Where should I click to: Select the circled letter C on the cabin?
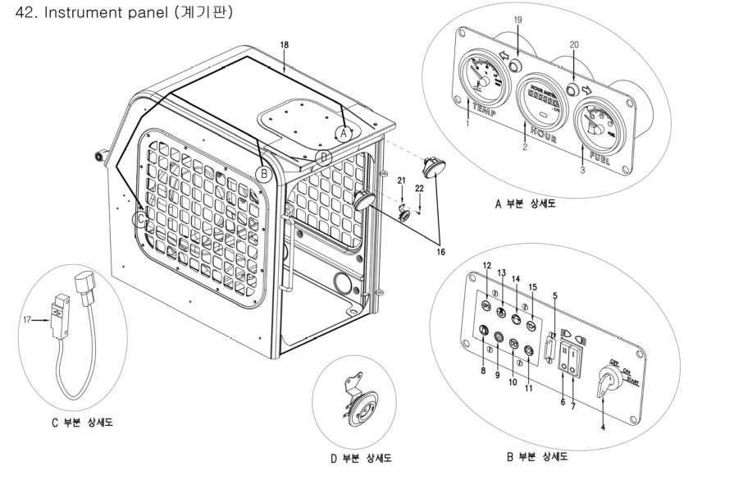[142, 219]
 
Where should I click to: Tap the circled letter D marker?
[324, 156]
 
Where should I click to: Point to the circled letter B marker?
[263, 173]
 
